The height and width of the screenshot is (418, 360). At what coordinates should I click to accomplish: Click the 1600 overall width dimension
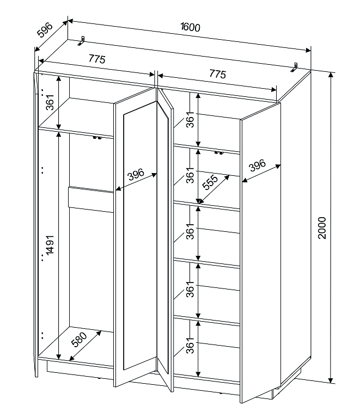(x=189, y=27)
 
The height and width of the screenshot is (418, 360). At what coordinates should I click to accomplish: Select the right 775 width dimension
(x=216, y=75)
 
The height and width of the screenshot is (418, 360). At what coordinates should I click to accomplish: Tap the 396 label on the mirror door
(x=136, y=175)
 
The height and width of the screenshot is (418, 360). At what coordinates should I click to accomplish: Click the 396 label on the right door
(x=257, y=165)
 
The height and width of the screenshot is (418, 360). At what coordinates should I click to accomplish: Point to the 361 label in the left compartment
(x=50, y=102)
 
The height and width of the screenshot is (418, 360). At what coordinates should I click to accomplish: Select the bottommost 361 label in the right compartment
(x=190, y=347)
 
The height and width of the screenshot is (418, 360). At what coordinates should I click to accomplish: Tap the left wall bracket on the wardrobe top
(x=83, y=41)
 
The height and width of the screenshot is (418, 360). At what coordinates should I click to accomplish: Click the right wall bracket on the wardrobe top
(x=295, y=67)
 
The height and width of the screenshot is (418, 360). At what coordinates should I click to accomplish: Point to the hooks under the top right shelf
(x=219, y=153)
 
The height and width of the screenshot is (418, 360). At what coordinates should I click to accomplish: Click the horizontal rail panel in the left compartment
(x=90, y=197)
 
